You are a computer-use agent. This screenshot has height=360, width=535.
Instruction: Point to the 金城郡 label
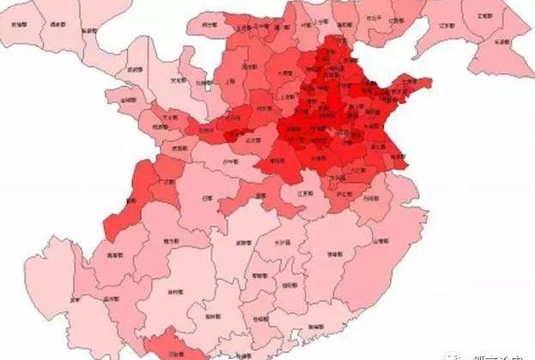pos(129,101)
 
